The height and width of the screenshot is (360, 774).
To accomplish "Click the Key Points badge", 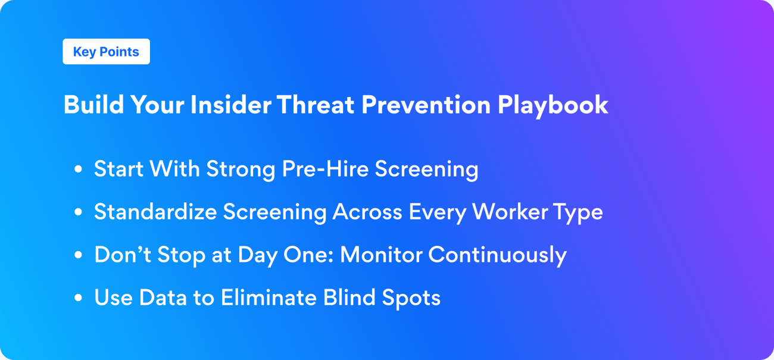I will (x=106, y=52).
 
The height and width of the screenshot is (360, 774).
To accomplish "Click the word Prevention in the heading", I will (x=426, y=105).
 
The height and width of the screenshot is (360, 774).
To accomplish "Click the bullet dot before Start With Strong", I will (x=78, y=170).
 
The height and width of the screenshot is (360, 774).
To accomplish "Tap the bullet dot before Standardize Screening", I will (x=78, y=212).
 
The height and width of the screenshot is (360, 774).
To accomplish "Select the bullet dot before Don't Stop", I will (x=78, y=255).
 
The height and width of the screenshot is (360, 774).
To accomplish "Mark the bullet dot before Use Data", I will (x=78, y=298).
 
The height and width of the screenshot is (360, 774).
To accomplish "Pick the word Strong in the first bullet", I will (x=241, y=170).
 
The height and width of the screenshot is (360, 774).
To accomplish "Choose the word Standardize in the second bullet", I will (x=155, y=212).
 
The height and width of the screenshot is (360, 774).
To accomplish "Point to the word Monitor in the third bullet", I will (x=381, y=255).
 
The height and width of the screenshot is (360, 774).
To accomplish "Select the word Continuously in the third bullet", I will (x=497, y=255).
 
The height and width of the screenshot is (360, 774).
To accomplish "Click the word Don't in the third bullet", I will (x=122, y=255).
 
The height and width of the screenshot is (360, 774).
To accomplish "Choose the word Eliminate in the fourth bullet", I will (x=269, y=298).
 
